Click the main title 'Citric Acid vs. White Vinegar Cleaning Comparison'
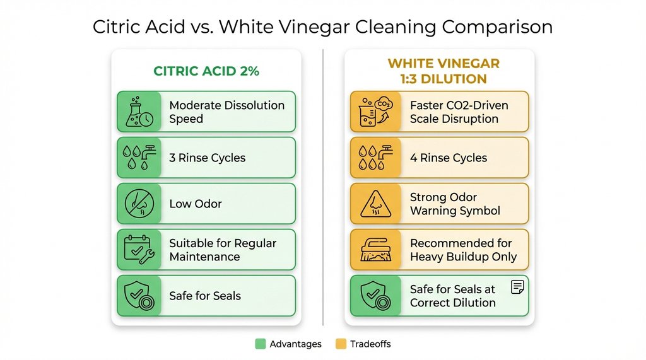pyautogui.click(x=322, y=27)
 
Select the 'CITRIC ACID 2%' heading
pyautogui.click(x=206, y=71)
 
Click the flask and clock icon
pyautogui.click(x=139, y=112)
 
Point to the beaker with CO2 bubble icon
pyautogui.click(x=376, y=112)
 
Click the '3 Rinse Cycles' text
pyautogui.click(x=208, y=158)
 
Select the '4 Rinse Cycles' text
pyautogui.click(x=449, y=158)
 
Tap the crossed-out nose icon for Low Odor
pyautogui.click(x=139, y=204)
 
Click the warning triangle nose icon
pyautogui.click(x=376, y=204)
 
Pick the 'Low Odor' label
pyautogui.click(x=196, y=204)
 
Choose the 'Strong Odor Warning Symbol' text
pyautogui.click(x=455, y=204)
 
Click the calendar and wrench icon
pyautogui.click(x=139, y=250)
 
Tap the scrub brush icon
pyautogui.click(x=376, y=250)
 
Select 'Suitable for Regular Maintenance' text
pyautogui.click(x=223, y=250)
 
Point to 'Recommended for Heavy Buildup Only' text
pyautogui.click(x=463, y=250)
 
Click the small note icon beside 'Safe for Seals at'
pyautogui.click(x=517, y=287)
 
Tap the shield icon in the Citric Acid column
pyautogui.click(x=139, y=296)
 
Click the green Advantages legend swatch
pyautogui.click(x=260, y=344)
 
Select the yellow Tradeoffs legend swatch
pyautogui.click(x=341, y=344)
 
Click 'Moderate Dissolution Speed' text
pyautogui.click(x=226, y=112)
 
